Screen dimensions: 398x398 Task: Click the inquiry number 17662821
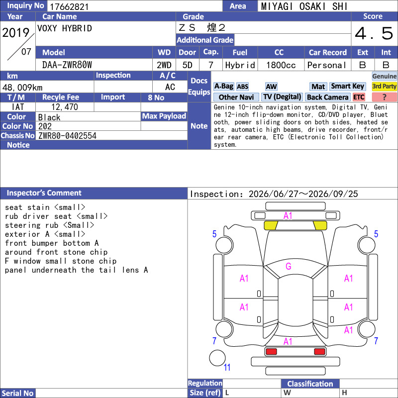(69, 6)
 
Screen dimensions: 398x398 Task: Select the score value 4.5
(374, 33)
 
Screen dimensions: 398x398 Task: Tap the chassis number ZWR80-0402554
(67, 136)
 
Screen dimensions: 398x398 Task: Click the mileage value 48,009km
(22, 88)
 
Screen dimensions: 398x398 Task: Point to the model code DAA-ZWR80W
(67, 65)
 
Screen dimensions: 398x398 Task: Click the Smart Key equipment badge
(347, 86)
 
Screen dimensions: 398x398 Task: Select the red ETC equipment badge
(359, 97)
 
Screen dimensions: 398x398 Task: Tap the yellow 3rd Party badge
(384, 86)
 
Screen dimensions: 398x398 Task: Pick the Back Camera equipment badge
(328, 97)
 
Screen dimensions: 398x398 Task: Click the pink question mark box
(384, 97)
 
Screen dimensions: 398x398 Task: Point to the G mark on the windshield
(289, 266)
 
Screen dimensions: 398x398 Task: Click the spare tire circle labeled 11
(217, 358)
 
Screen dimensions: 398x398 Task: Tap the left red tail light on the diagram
(271, 352)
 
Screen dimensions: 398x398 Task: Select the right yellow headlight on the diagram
(320, 225)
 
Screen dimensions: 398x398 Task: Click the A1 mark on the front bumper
(288, 216)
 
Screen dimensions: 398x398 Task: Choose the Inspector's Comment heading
(44, 193)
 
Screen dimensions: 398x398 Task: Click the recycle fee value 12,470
(65, 107)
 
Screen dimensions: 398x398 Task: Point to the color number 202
(45, 126)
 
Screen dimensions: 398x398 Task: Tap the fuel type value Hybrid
(240, 65)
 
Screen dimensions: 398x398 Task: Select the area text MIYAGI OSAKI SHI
(304, 6)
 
